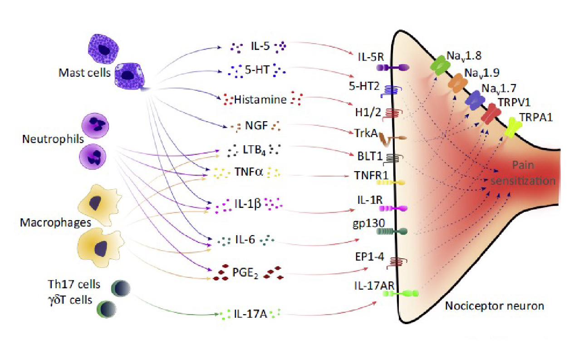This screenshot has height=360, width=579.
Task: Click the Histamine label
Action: pos(260,99)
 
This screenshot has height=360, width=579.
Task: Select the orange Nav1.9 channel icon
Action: pos(457,83)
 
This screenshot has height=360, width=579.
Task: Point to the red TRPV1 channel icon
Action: pos(491,114)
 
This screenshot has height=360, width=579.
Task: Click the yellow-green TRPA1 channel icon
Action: pos(513,127)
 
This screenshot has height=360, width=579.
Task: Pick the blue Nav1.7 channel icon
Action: pos(475,100)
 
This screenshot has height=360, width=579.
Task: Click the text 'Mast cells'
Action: pos(84,73)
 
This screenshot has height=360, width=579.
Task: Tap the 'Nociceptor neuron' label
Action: pos(495,306)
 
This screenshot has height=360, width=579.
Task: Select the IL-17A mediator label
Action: pos(250,314)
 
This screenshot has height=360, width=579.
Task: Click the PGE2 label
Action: pos(245,273)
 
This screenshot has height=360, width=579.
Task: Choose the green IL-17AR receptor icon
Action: pos(400,294)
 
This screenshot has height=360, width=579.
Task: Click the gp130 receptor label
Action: pos(369,223)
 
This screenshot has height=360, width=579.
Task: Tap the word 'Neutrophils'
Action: pos(53,139)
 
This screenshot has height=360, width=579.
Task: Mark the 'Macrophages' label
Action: pos(55,222)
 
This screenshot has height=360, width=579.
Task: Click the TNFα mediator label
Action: pos(249,172)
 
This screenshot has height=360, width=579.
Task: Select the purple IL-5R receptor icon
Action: pos(393,68)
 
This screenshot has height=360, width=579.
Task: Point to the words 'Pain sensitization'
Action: pos(523,173)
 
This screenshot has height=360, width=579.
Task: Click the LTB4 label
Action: pos(254,150)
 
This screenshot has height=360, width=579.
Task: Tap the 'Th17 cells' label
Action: pos(74,284)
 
